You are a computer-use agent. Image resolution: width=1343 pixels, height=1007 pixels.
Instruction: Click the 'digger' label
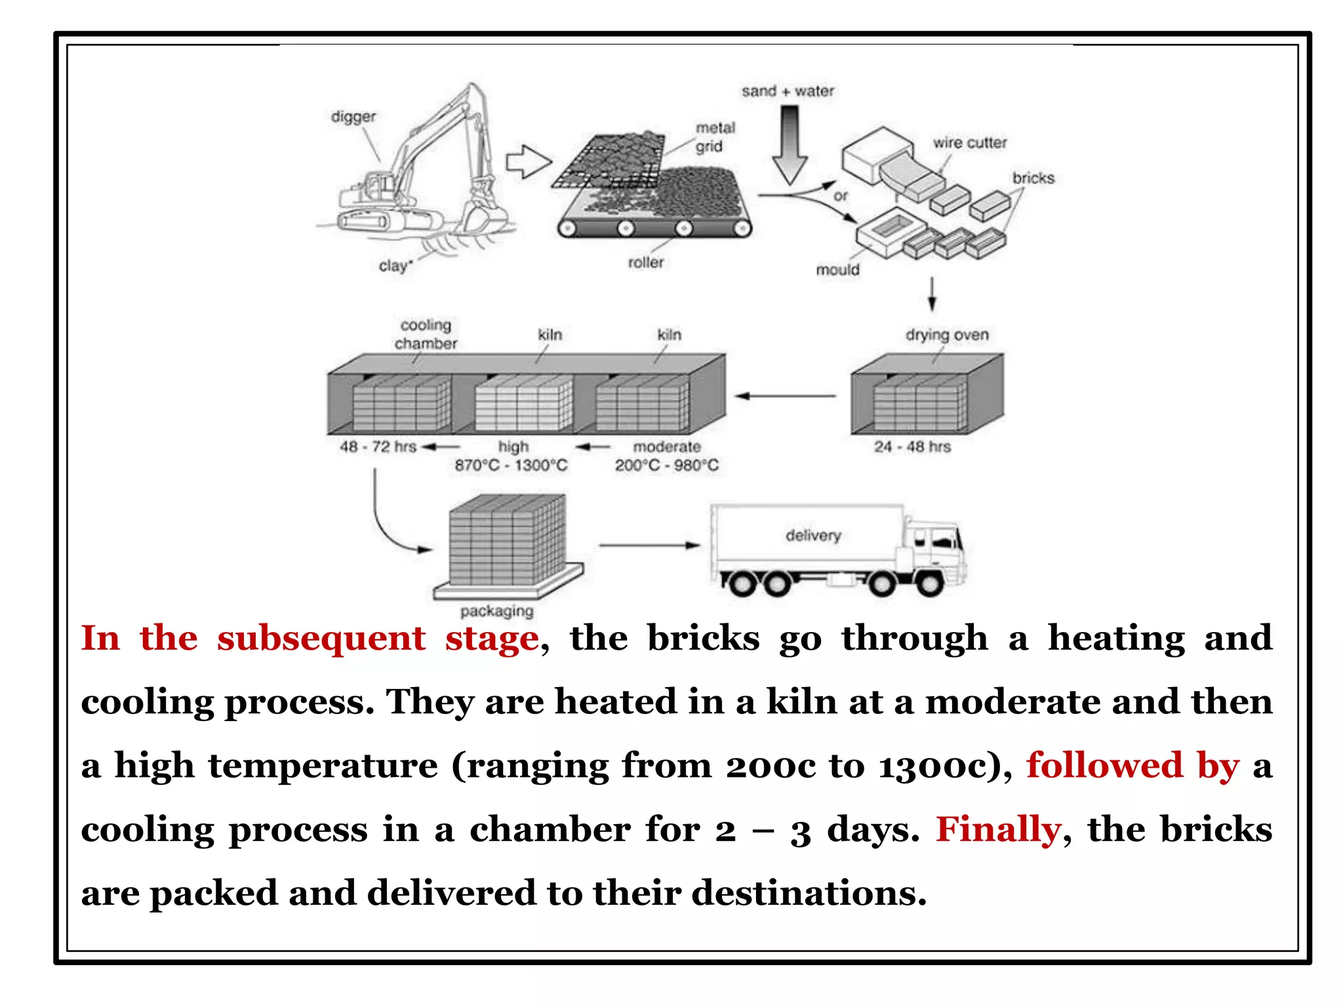click(x=353, y=117)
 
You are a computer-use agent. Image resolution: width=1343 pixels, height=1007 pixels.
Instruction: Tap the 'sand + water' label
click(x=788, y=92)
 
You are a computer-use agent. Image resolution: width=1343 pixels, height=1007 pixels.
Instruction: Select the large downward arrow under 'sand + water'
click(x=790, y=146)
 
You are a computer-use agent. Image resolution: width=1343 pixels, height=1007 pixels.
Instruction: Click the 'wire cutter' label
click(x=969, y=143)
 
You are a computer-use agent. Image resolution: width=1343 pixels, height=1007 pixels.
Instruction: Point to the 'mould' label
click(x=837, y=270)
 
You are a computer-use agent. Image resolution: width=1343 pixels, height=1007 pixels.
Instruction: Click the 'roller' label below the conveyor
click(x=645, y=263)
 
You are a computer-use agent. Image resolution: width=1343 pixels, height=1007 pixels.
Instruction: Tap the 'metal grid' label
click(x=715, y=137)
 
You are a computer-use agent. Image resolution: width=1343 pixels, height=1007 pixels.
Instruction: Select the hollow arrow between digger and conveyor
click(x=529, y=162)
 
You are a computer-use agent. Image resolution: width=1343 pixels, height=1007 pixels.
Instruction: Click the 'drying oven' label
click(x=947, y=335)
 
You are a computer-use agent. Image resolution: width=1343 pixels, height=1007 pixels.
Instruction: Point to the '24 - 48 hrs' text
click(x=912, y=447)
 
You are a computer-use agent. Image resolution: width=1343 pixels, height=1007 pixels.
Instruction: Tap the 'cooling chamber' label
click(x=426, y=334)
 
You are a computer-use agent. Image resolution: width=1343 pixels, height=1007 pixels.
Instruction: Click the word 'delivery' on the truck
click(x=813, y=536)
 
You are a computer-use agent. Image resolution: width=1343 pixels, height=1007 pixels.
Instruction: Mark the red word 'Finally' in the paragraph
click(x=997, y=830)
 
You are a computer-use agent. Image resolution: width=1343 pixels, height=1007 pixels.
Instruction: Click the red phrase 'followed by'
click(x=1133, y=766)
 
